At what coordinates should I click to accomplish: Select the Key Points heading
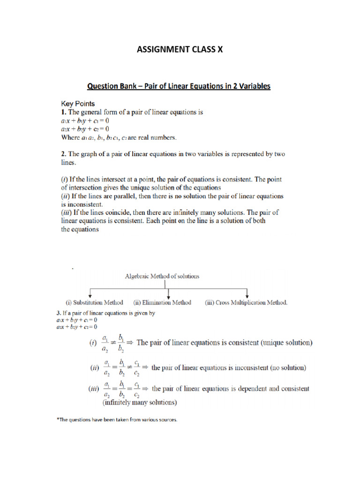[78, 104]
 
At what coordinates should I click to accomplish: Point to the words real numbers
[156, 137]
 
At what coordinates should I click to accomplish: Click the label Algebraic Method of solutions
[162, 276]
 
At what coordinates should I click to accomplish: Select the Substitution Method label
[94, 303]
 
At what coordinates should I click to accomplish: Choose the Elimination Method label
[163, 303]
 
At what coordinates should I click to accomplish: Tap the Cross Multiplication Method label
[246, 303]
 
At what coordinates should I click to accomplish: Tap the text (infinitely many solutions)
[139, 402]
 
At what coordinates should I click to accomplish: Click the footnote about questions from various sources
[117, 420]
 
